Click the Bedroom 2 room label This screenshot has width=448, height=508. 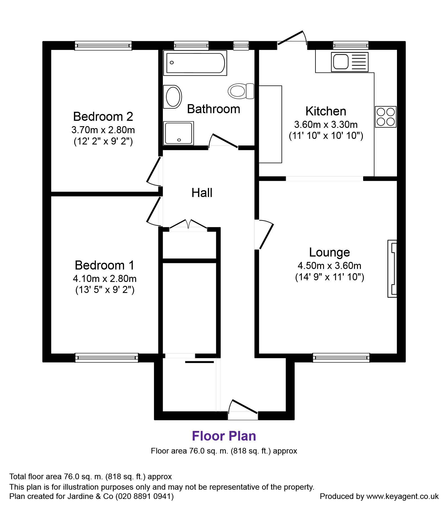[x=103, y=116]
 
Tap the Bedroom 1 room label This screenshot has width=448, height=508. [x=105, y=265]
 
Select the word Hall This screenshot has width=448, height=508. [x=202, y=193]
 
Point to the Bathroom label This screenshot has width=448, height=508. [x=213, y=109]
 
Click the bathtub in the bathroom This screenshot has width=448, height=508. [x=195, y=63]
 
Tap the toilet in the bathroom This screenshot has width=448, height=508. [x=241, y=91]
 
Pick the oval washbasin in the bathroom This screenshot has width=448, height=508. [x=173, y=97]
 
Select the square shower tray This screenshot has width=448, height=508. [x=179, y=133]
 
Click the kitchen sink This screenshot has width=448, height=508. [x=350, y=62]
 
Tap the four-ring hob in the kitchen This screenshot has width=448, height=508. [x=386, y=117]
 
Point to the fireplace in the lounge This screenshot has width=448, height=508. [x=392, y=268]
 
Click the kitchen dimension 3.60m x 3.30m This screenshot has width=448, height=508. [x=326, y=124]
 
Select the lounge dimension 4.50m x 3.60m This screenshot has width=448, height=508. [x=329, y=266]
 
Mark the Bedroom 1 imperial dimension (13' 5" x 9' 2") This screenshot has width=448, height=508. [x=105, y=290]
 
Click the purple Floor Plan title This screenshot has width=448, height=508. [x=224, y=436]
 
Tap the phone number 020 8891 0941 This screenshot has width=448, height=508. [x=145, y=496]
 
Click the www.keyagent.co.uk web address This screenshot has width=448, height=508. [x=402, y=496]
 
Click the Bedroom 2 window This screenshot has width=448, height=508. [x=103, y=45]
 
